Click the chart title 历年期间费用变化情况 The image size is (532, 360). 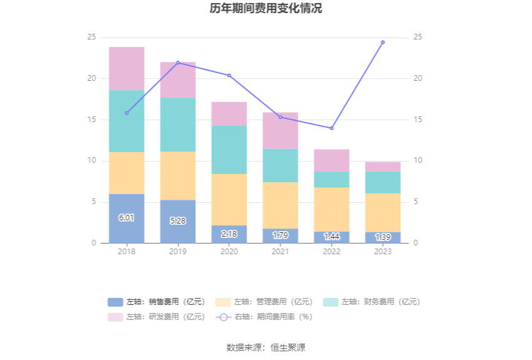[x=266, y=9]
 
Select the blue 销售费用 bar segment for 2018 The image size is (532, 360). [x=126, y=219]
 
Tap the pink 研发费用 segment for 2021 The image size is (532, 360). [x=280, y=131]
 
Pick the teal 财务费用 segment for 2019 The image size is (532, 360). [x=178, y=125]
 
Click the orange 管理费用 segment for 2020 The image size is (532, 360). [x=229, y=200]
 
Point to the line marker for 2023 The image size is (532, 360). [x=383, y=42]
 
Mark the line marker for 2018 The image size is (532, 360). [x=126, y=113]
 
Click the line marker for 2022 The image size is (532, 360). [x=332, y=128]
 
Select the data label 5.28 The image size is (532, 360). [x=178, y=221]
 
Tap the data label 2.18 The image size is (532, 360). [x=229, y=234]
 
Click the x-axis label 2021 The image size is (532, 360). [x=280, y=252]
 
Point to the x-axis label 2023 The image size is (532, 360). [x=383, y=252]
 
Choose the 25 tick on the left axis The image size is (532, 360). [x=91, y=38]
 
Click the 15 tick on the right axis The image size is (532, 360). [x=418, y=120]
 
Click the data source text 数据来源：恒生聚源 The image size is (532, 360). [x=266, y=347]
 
